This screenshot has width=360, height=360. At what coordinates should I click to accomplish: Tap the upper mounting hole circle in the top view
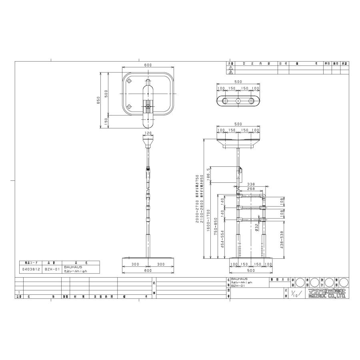[129, 81]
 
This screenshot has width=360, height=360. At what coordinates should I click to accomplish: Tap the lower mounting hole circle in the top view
[129, 107]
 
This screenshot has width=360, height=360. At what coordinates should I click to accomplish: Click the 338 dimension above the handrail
[251, 185]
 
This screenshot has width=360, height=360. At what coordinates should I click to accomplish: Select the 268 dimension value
[251, 189]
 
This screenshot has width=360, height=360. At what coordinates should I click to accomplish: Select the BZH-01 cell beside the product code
[52, 269]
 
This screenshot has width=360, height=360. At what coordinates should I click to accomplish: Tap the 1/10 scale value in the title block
[295, 293]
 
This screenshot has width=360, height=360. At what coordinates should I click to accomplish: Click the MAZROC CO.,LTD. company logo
[327, 293]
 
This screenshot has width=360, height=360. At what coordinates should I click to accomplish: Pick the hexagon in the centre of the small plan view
[238, 101]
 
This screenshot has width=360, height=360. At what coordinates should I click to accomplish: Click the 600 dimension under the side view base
[148, 270]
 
